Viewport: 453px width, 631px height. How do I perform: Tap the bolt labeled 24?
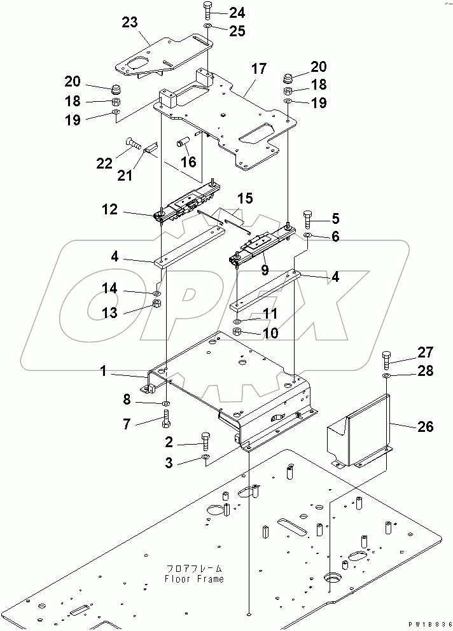click(209, 11)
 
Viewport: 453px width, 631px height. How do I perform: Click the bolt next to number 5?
click(308, 219)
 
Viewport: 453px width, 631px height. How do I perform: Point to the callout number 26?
click(426, 427)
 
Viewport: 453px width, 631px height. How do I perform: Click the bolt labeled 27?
click(387, 359)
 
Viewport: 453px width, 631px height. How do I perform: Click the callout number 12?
click(109, 209)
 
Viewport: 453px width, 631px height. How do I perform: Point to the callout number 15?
click(245, 198)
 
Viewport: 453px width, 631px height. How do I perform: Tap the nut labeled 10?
click(237, 333)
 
